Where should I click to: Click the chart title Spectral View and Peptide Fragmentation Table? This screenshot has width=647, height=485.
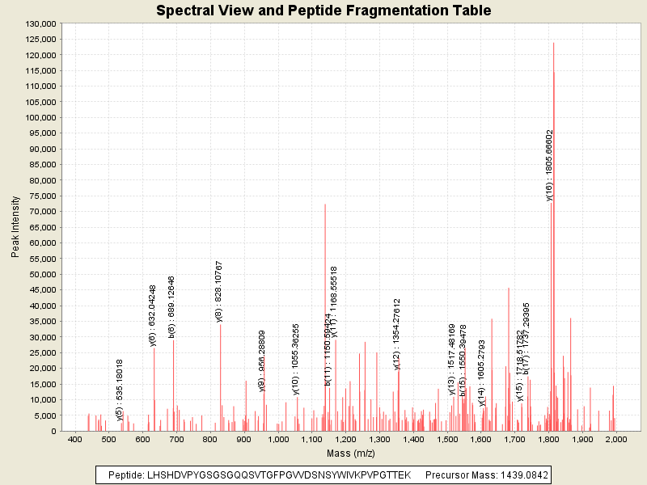click(x=323, y=11)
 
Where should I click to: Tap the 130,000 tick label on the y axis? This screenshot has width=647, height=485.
click(x=39, y=24)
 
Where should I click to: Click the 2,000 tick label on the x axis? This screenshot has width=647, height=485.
click(x=616, y=440)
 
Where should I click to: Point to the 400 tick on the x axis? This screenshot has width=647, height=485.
click(x=75, y=440)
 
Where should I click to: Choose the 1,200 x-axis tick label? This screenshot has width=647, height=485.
click(x=346, y=440)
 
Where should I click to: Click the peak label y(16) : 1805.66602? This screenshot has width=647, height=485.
click(x=549, y=165)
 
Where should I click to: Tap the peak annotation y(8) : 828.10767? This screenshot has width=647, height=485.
click(x=219, y=292)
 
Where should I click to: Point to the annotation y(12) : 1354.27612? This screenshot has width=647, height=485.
click(x=397, y=334)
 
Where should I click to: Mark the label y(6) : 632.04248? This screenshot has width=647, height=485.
click(x=152, y=315)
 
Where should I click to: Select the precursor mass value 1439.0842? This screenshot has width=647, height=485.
click(x=522, y=475)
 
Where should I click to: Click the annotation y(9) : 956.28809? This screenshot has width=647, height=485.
click(x=262, y=361)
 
